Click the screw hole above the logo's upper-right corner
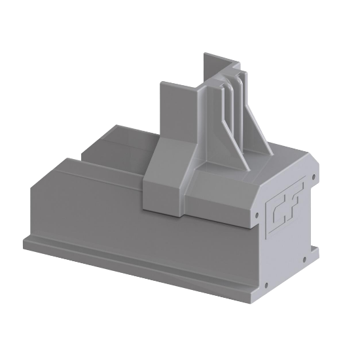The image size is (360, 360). pyautogui.click(x=312, y=176)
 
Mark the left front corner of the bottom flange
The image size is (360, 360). pyautogui.click(x=26, y=243)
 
